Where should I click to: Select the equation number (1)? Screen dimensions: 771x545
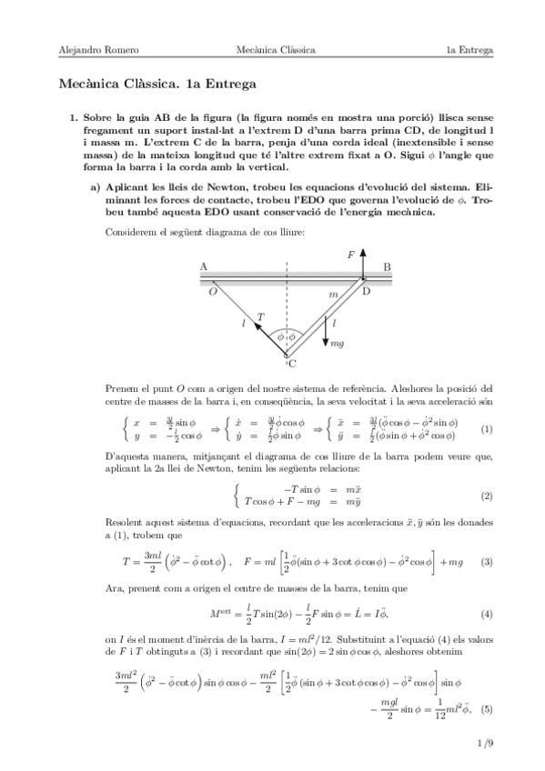coord(487,428)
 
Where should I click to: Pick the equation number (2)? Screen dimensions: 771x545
coord(487,496)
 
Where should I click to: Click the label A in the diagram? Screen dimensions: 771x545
coord(203,266)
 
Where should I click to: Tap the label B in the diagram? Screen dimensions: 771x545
coord(387,266)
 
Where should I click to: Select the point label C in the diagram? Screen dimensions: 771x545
coord(291,365)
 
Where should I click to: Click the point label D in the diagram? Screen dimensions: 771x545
coord(367,291)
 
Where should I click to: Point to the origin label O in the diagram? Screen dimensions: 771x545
coord(212,292)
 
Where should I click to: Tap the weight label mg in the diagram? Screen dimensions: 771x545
coord(338,344)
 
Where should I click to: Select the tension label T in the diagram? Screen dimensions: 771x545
coord(261,317)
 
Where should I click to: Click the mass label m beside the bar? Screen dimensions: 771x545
coord(333,295)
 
